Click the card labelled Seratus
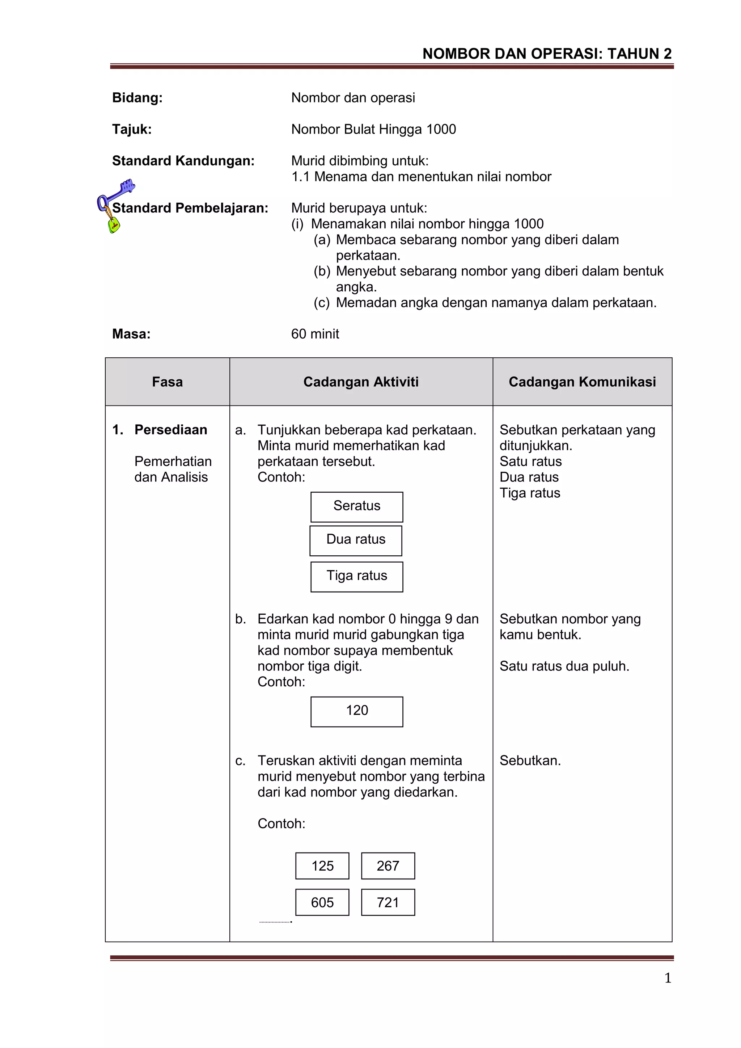357,507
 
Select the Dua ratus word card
356,540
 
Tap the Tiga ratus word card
357,577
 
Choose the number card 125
322,866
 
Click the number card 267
388,866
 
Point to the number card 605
322,902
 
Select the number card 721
388,902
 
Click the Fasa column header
168,382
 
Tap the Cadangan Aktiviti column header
361,382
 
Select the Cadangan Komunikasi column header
582,382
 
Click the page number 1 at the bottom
668,978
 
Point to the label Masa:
131,334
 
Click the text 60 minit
315,334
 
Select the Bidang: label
137,98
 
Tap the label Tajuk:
132,129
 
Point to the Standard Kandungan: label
183,161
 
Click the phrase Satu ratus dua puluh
564,666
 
